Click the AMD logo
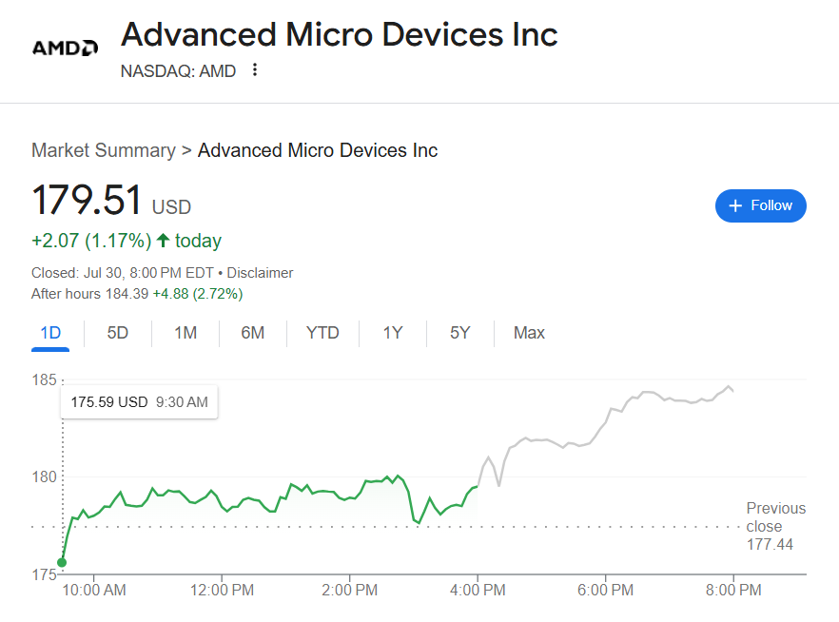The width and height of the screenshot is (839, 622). (x=65, y=48)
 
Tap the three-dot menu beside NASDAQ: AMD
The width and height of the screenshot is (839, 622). (x=254, y=69)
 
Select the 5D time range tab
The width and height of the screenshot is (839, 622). (x=118, y=333)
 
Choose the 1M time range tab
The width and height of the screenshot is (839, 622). (x=185, y=333)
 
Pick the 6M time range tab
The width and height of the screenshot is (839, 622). (x=252, y=333)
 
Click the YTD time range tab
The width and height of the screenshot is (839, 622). (x=322, y=333)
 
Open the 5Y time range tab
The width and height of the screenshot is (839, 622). (x=459, y=333)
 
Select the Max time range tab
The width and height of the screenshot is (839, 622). (x=529, y=333)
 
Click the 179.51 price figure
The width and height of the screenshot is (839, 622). (x=87, y=201)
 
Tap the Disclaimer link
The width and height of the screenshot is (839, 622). (x=260, y=273)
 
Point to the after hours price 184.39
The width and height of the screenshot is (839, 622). (x=127, y=294)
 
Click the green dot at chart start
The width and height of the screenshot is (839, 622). (x=63, y=562)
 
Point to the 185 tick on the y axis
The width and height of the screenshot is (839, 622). (x=45, y=380)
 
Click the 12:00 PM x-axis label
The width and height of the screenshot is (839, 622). (x=222, y=590)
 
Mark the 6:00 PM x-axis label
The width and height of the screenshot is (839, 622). (x=606, y=590)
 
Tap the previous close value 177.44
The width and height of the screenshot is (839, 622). (x=770, y=544)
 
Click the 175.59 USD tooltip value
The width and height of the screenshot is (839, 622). (x=109, y=402)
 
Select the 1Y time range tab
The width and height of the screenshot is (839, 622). (x=393, y=333)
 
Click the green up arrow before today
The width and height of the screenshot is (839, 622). (x=163, y=241)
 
